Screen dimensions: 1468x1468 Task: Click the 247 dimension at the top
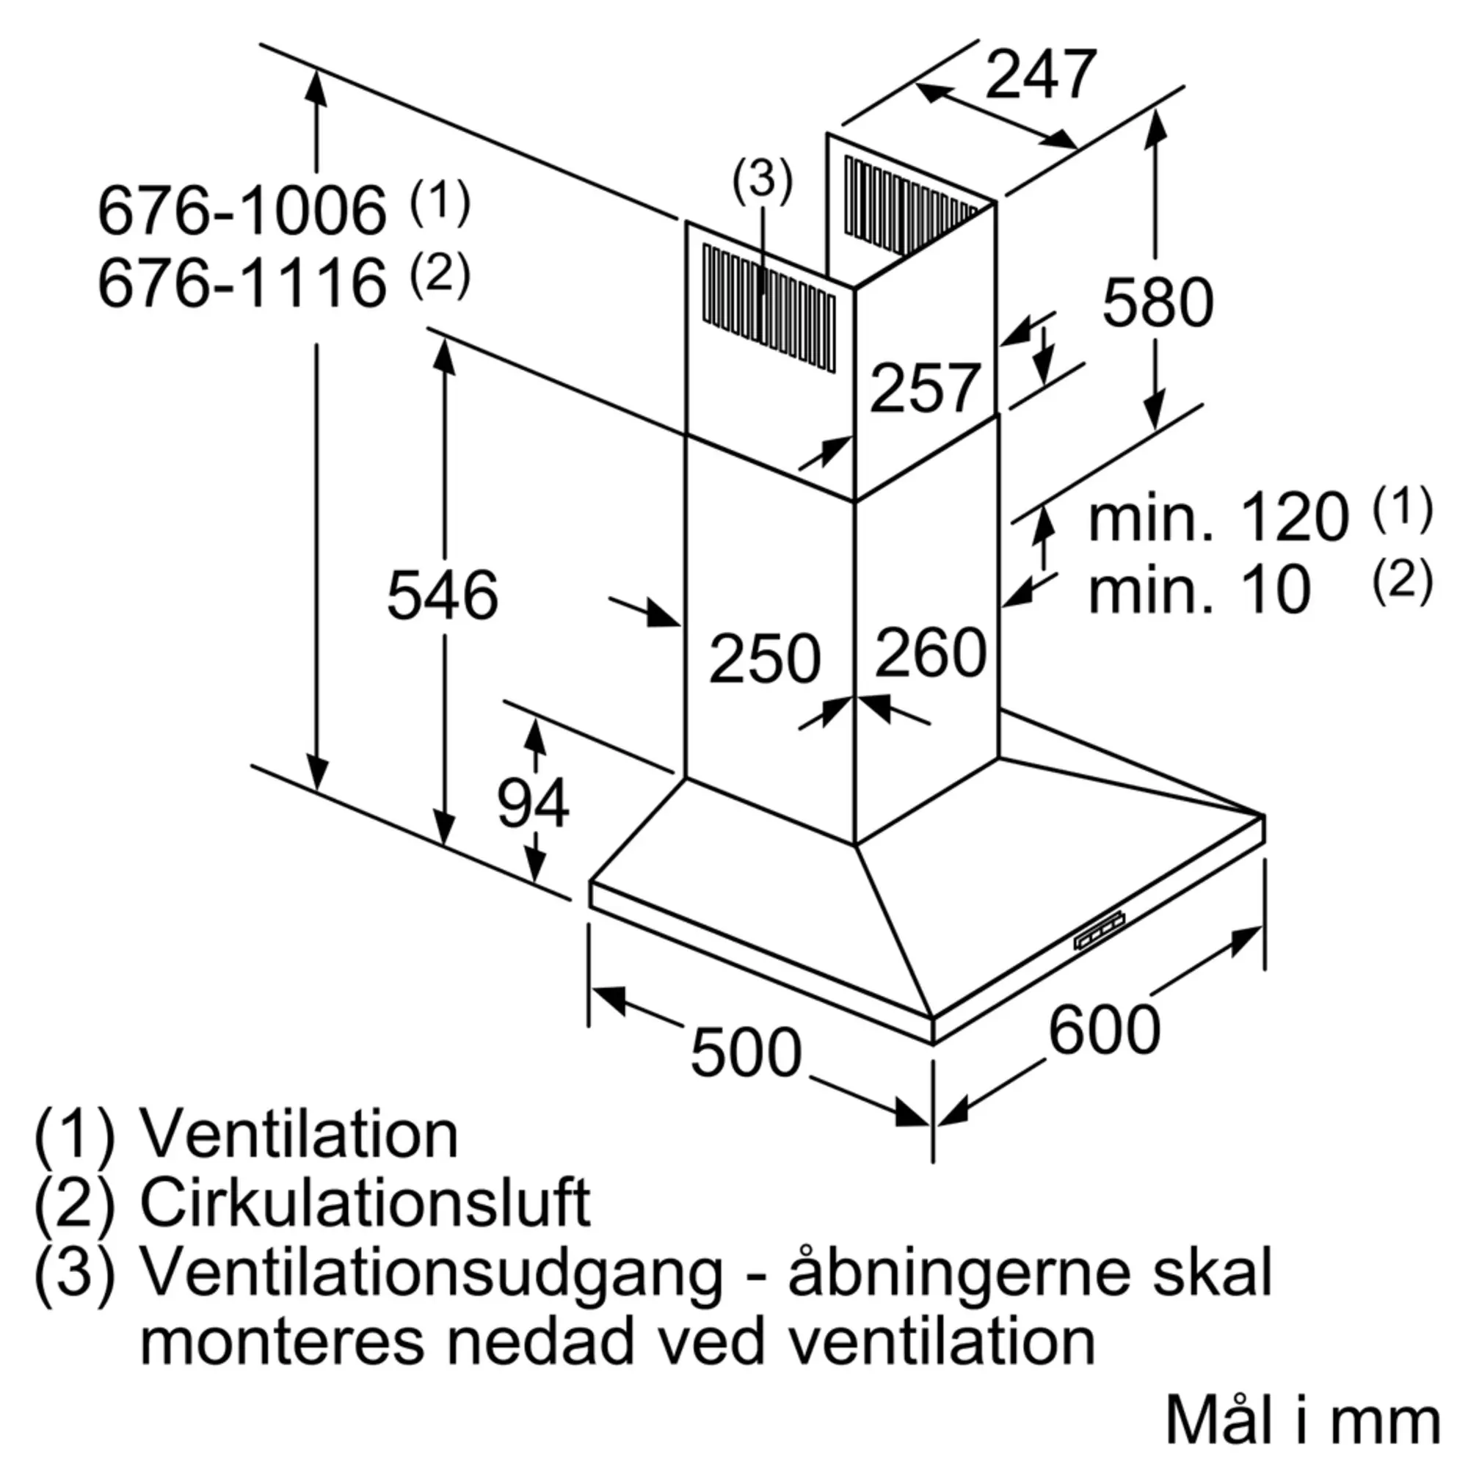[1041, 73]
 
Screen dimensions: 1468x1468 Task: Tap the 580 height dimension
[1158, 302]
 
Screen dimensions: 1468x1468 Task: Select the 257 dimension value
[925, 388]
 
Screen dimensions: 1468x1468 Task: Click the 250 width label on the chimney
[765, 657]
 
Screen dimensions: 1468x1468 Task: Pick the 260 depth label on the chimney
[931, 652]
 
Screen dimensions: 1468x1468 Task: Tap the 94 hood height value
[533, 803]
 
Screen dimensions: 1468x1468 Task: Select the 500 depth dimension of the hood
[746, 1053]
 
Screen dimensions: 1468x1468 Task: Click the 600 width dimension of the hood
[1104, 1030]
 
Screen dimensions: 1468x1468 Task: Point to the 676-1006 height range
[242, 211]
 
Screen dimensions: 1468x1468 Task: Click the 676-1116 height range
[242, 283]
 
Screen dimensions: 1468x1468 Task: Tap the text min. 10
[1200, 589]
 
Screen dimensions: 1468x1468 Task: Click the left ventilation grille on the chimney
[769, 308]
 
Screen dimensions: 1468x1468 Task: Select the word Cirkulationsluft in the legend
[366, 1203]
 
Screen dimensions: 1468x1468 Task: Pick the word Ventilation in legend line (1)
[299, 1136]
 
